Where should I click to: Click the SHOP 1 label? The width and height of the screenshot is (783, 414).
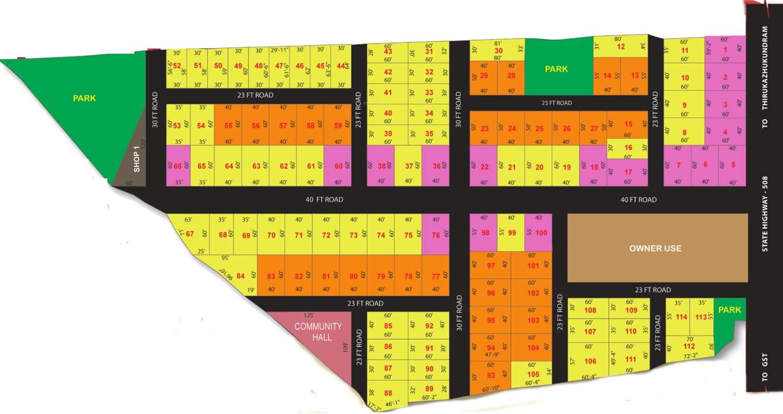137,159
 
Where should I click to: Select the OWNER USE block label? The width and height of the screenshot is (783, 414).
655,248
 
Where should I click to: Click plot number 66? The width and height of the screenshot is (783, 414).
178,166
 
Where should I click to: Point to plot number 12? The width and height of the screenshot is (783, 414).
621,47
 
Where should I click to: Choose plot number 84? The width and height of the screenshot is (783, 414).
240,276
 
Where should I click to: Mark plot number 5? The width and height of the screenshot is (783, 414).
733,165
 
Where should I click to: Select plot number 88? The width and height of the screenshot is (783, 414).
388,393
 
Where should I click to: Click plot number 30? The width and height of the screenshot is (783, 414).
498,50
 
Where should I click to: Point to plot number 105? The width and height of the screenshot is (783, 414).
533,374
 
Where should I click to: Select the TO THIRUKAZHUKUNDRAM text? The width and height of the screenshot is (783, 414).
764,76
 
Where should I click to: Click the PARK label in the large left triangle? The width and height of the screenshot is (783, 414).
84,98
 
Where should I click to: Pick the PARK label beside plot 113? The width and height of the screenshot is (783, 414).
730,310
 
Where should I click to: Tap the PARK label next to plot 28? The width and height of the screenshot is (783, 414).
556,69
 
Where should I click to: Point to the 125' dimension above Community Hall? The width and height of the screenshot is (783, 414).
309,315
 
